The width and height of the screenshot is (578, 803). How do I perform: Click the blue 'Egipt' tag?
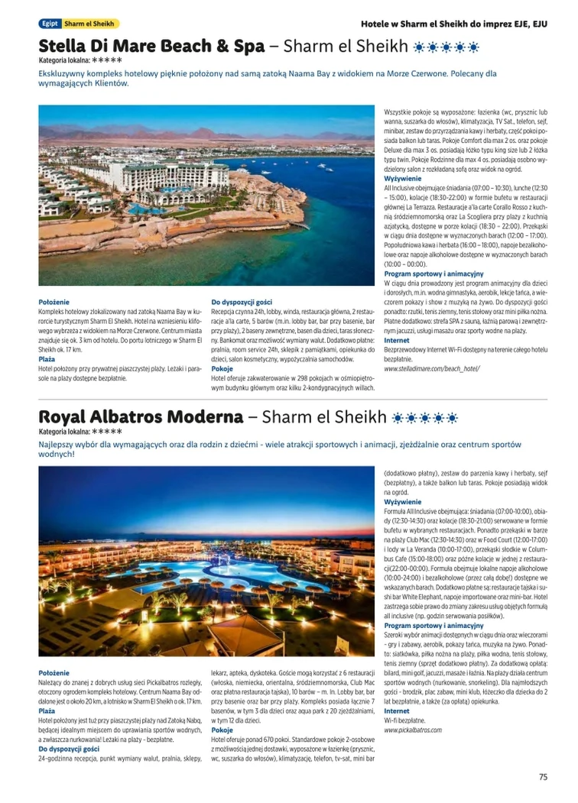[x=50, y=24]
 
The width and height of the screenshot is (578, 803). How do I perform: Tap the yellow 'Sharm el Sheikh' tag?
[x=90, y=24]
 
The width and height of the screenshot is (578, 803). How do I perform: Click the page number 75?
[x=543, y=777]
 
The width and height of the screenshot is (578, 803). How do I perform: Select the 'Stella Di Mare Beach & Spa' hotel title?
[x=151, y=47]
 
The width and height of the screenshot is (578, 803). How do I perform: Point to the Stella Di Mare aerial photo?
[x=206, y=195]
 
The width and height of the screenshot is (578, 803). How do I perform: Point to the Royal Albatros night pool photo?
[x=206, y=561]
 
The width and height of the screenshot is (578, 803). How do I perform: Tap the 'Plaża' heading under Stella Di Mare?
[x=47, y=358]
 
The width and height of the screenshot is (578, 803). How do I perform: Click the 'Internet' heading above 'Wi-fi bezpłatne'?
[x=397, y=711]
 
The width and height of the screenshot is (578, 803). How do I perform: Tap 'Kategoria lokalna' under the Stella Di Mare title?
[x=64, y=60]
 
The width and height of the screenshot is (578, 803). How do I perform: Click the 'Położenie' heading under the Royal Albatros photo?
[x=54, y=672]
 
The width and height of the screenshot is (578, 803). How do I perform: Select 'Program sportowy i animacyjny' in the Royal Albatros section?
[x=433, y=626]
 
